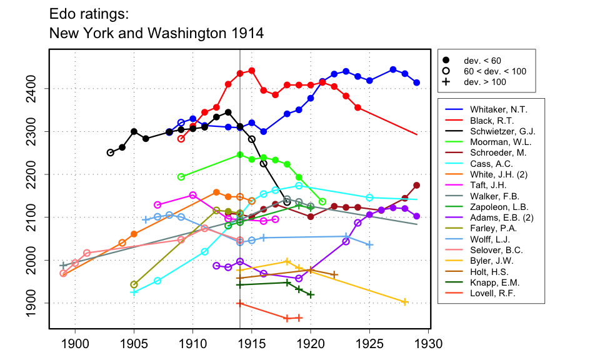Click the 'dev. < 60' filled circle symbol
coord(446,60)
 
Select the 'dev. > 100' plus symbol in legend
coord(446,82)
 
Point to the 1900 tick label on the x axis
coord(75,344)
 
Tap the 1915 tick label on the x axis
coord(251,344)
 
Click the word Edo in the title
coord(62,13)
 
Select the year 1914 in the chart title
coord(246,32)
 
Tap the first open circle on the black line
coord(111,152)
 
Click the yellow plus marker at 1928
coord(405,302)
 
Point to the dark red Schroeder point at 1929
coord(417,185)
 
